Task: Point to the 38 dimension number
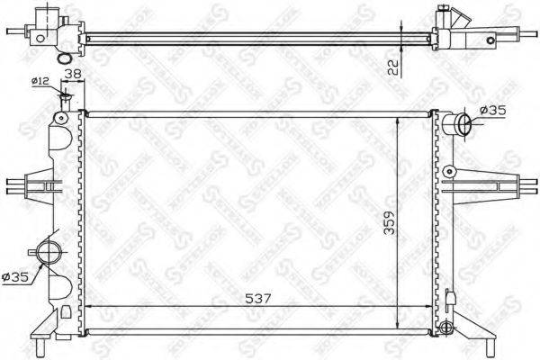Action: click(73, 76)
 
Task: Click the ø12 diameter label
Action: click(40, 81)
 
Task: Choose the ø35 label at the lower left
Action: click(15, 277)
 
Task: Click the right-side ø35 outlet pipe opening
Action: click(462, 123)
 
